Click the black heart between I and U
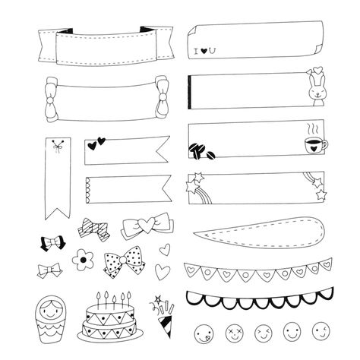tap(204, 51)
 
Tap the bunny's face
tap(317, 93)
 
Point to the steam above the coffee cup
tap(313, 128)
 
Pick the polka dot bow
tap(124, 262)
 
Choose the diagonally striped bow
tap(94, 229)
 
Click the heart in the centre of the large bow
tap(146, 225)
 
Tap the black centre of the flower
tap(83, 260)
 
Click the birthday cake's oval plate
tap(110, 335)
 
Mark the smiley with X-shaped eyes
tap(235, 333)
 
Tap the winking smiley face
tap(321, 331)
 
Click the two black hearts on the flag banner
tap(96, 144)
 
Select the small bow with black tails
tap(52, 243)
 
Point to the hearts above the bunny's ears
tap(316, 71)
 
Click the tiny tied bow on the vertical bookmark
tap(58, 146)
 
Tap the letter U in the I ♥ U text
tap(212, 51)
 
